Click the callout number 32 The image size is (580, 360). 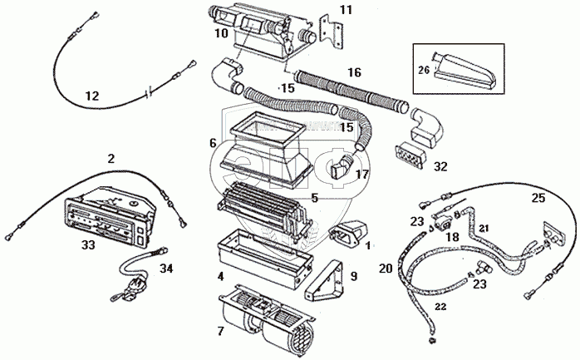coord(440,166)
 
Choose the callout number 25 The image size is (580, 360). coord(538,197)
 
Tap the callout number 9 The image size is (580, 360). coord(354,276)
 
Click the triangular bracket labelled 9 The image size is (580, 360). coord(327,279)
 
